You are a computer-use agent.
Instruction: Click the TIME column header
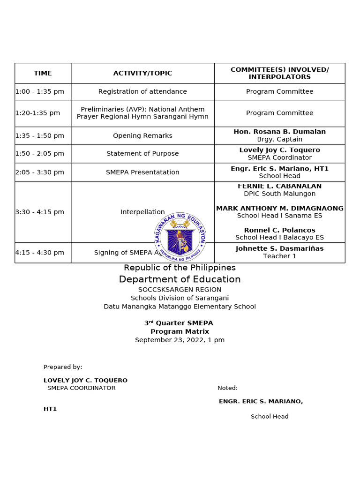click(x=43, y=73)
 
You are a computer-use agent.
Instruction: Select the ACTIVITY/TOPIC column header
click(x=142, y=73)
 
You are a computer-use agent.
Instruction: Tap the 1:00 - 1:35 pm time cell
click(x=40, y=91)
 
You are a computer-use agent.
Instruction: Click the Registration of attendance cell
click(x=142, y=91)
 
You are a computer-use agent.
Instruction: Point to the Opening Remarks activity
click(x=142, y=135)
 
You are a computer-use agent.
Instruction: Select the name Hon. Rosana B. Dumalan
click(x=279, y=132)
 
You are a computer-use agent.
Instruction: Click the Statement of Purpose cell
click(x=142, y=153)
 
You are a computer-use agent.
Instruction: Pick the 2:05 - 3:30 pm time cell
click(x=40, y=172)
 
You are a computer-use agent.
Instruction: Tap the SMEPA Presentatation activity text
click(x=142, y=172)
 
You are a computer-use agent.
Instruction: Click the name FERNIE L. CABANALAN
click(x=279, y=186)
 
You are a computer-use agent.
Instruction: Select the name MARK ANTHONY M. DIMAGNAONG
click(x=279, y=208)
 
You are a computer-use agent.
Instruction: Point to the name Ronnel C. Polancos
click(x=279, y=230)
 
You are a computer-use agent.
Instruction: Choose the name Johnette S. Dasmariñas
click(x=279, y=248)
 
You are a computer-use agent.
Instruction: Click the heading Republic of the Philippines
click(x=180, y=268)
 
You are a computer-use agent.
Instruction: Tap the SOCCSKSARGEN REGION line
click(x=180, y=290)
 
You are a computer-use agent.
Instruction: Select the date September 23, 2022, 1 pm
click(x=180, y=340)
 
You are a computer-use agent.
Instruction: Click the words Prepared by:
click(x=63, y=367)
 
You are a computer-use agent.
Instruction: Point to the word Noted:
click(x=227, y=388)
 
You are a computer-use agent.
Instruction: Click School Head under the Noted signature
click(x=270, y=416)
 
